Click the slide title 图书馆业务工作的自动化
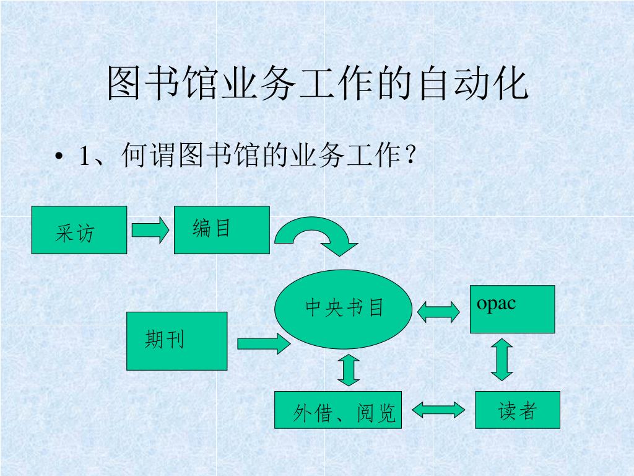tap(317, 84)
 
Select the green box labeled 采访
tap(79, 230)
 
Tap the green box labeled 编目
tap(222, 230)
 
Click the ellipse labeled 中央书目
tap(344, 309)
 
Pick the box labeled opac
tap(512, 309)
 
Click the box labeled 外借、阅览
tap(338, 410)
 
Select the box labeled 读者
tap(518, 410)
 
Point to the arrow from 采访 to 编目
tap(150, 230)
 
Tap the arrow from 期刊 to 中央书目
tap(263, 343)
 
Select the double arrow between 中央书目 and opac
tap(438, 311)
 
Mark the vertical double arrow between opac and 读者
tap(502, 359)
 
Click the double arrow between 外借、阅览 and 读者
tap(438, 410)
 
